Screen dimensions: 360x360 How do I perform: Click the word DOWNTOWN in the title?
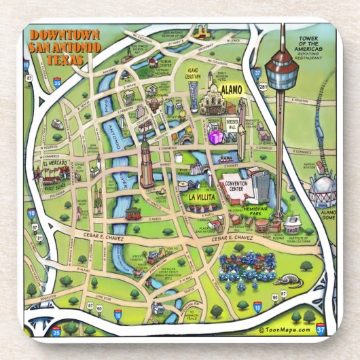tap(65, 35)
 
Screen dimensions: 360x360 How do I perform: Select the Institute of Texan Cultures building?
tap(291, 223)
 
